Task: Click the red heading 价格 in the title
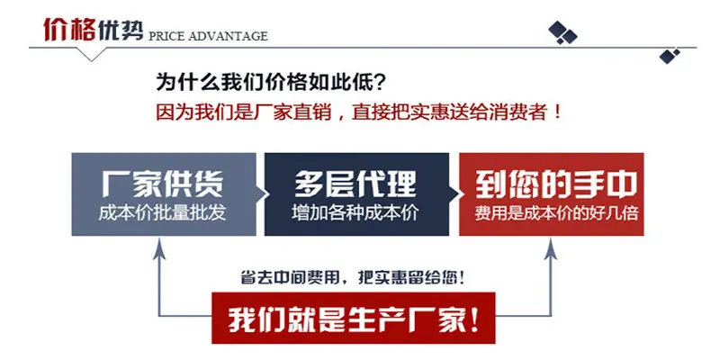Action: [x=69, y=30]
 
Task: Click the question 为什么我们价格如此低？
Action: [x=271, y=83]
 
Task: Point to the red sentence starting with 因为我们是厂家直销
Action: [x=358, y=112]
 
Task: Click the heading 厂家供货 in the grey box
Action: [x=163, y=184]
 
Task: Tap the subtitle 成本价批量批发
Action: [x=163, y=213]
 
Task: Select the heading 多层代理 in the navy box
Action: [x=355, y=184]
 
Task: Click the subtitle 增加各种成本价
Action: [x=355, y=213]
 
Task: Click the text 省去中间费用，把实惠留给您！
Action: [x=353, y=278]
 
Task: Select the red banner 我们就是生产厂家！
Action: [x=353, y=318]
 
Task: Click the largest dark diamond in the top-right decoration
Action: [x=557, y=30]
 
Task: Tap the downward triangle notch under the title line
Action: [x=92, y=54]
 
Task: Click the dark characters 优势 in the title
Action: [x=120, y=30]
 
